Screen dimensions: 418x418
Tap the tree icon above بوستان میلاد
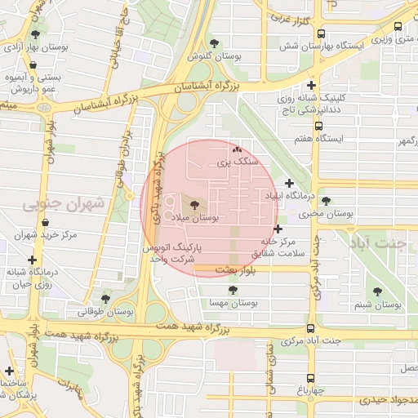point(194,205)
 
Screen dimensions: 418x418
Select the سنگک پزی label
point(237,163)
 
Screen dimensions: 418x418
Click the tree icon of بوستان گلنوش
point(214,43)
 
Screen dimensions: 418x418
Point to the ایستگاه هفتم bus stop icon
point(318,127)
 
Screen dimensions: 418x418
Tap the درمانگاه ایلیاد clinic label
point(283,197)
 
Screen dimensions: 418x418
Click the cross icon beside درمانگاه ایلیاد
point(289,183)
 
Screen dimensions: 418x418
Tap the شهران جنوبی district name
point(64,202)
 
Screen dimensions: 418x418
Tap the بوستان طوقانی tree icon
point(105,298)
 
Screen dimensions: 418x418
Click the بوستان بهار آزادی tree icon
point(34,35)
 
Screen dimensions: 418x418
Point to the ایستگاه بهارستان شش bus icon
point(321,34)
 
